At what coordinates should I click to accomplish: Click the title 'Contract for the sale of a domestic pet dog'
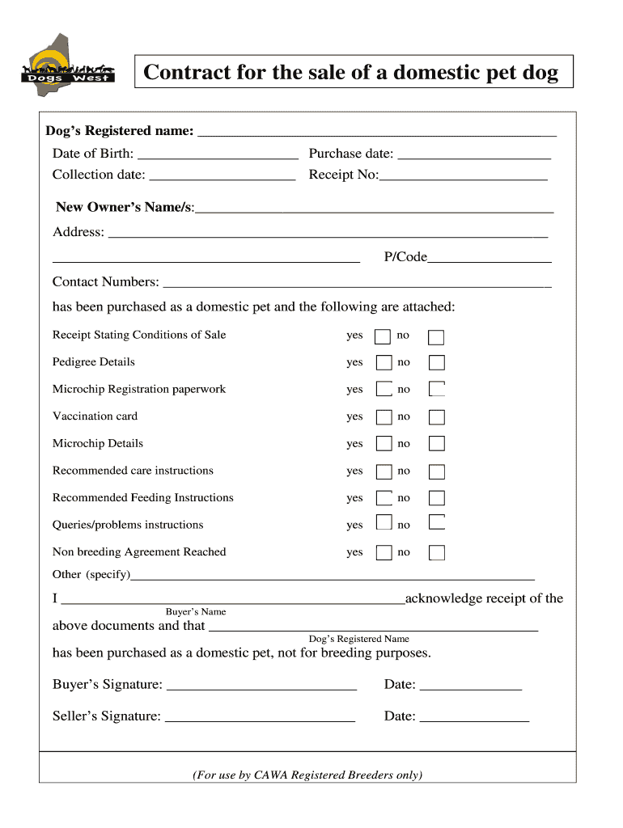pyautogui.click(x=351, y=73)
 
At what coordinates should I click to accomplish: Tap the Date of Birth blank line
pyautogui.click(x=218, y=155)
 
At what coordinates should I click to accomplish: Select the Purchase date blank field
pyautogui.click(x=474, y=155)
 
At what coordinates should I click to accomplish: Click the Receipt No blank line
pyautogui.click(x=464, y=176)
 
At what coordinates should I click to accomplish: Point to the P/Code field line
pyautogui.click(x=489, y=259)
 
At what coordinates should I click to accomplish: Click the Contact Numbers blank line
pyautogui.click(x=357, y=283)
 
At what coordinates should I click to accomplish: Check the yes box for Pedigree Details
pyautogui.click(x=384, y=363)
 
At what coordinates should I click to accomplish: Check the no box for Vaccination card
pyautogui.click(x=437, y=417)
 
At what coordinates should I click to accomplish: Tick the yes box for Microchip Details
pyautogui.click(x=384, y=444)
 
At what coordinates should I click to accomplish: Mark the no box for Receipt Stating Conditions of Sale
pyautogui.click(x=437, y=336)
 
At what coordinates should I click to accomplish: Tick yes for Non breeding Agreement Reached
pyautogui.click(x=384, y=553)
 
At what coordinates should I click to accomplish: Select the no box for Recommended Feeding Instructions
pyautogui.click(x=437, y=498)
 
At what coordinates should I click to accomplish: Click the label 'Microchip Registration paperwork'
pyautogui.click(x=139, y=389)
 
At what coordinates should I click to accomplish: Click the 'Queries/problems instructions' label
pyautogui.click(x=128, y=525)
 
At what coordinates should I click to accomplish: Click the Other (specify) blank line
pyautogui.click(x=333, y=577)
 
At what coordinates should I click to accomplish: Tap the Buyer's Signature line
pyautogui.click(x=261, y=686)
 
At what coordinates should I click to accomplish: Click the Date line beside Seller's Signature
pyautogui.click(x=474, y=718)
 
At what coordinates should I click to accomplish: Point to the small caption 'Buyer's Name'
pyautogui.click(x=196, y=612)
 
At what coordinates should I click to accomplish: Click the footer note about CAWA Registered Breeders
pyautogui.click(x=307, y=775)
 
